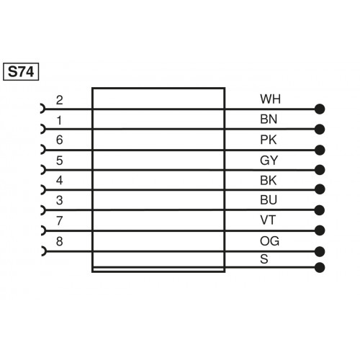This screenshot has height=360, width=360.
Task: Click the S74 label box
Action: coord(23,72)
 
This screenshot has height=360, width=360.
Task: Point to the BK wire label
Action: coord(266,179)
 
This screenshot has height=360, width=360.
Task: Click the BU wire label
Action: coord(266,199)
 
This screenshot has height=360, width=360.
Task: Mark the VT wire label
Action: coord(266,220)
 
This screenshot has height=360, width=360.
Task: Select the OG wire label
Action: coord(267,240)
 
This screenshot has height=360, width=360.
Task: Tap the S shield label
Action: coord(264,260)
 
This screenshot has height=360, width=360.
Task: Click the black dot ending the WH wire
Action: coord(320,109)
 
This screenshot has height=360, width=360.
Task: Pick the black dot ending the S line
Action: coord(320,267)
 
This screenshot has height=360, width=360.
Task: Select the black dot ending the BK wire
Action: coord(320,191)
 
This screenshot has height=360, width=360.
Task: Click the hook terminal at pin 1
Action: coord(43,130)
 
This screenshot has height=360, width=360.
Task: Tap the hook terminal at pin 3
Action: coord(43,210)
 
